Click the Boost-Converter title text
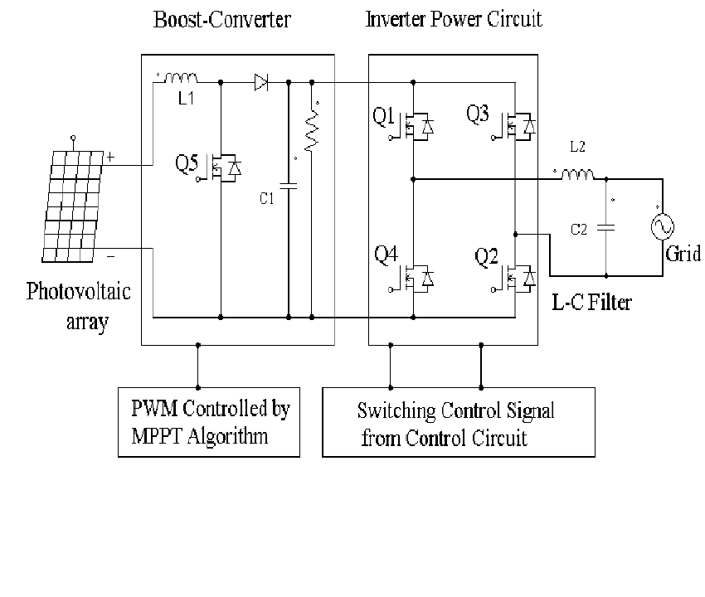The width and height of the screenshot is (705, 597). pos(222,20)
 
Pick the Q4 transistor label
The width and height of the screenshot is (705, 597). pos(387,255)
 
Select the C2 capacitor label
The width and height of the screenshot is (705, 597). pos(578,229)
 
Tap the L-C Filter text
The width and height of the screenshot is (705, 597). pos(591,302)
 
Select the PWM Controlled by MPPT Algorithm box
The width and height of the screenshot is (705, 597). pos(209,422)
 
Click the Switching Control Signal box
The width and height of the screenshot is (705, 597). pos(458,422)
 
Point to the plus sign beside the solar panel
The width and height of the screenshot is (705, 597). pos(110,156)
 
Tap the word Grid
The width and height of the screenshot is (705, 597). pos(683,254)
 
